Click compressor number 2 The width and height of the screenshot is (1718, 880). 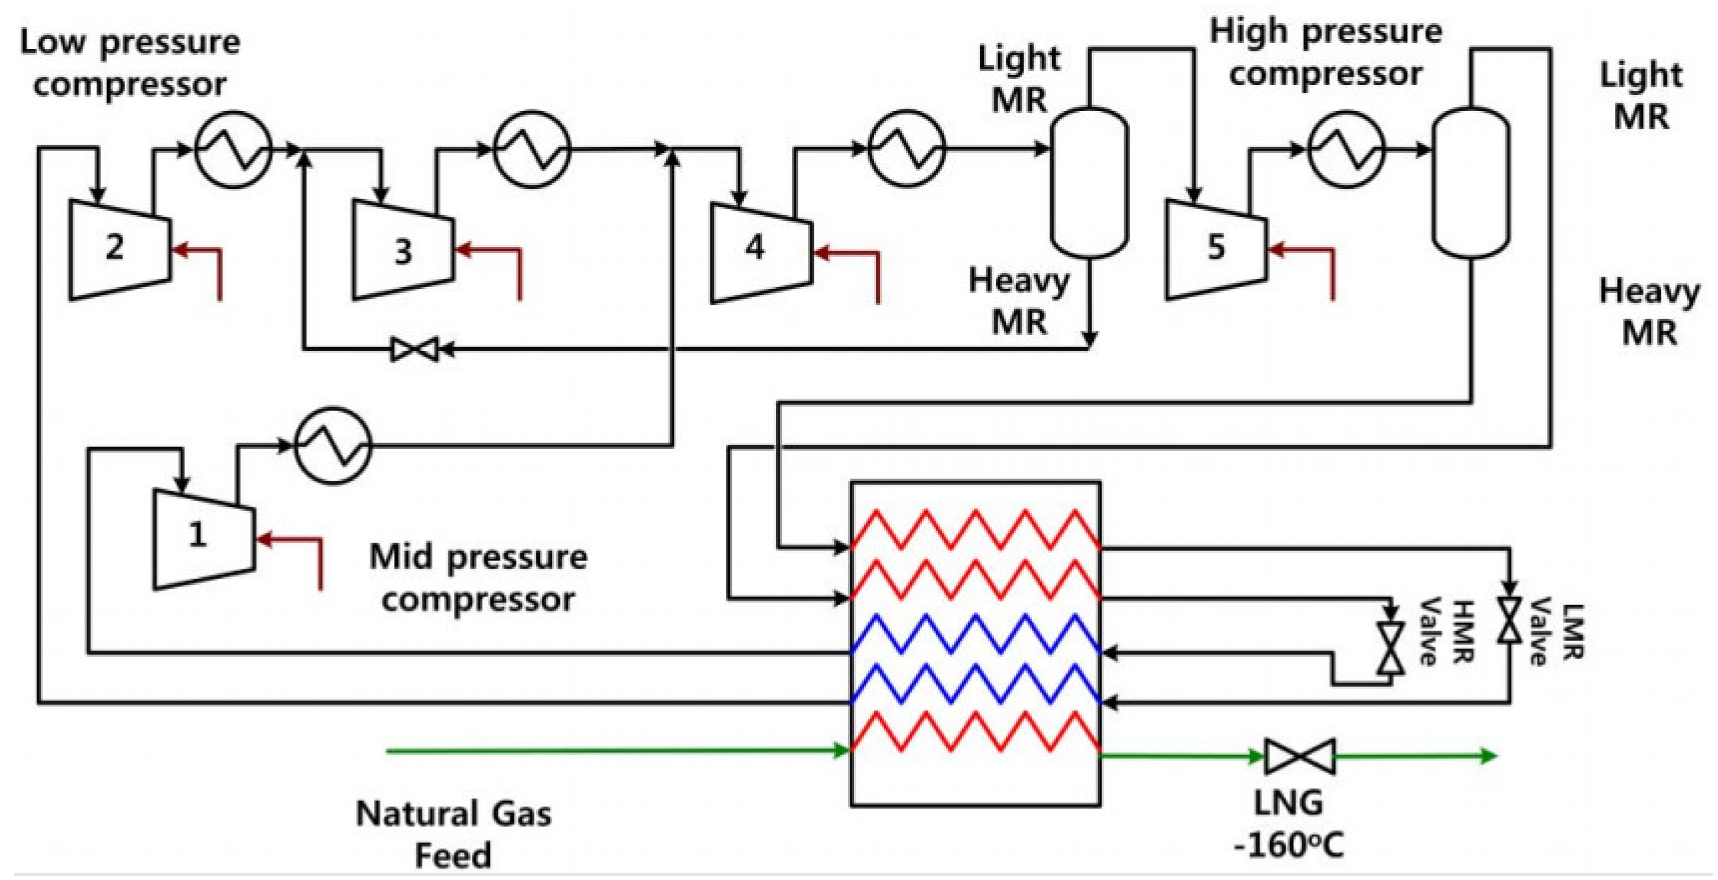119,248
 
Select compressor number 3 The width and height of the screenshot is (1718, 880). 403,251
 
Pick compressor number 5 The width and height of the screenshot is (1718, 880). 1215,248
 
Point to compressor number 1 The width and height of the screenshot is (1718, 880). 203,537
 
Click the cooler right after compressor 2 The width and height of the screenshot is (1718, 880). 233,149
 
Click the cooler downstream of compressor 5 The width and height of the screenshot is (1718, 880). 1346,149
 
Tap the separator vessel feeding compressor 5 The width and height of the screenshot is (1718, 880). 1089,182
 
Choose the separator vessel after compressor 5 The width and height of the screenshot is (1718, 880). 1471,182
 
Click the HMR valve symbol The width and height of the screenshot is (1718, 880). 1391,648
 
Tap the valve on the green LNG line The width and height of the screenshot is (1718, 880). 1300,756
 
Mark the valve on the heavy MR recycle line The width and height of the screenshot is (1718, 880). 414,348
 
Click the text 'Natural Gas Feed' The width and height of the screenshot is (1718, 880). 454,834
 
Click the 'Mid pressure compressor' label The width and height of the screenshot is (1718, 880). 478,578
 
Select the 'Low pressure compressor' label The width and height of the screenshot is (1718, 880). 129,63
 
